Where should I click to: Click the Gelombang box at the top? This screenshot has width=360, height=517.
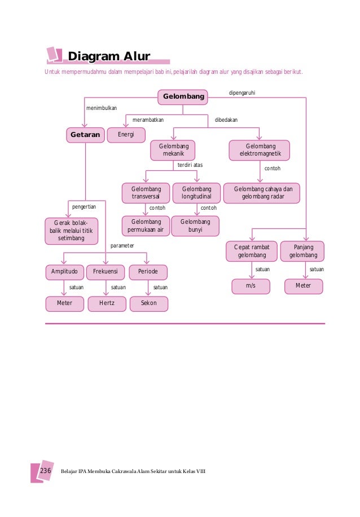tap(183, 98)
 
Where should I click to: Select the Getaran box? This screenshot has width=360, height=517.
tap(85, 135)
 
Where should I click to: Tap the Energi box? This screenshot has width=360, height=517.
tap(126, 135)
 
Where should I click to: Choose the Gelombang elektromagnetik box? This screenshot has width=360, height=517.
tap(260, 151)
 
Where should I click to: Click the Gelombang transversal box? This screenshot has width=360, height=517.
tap(146, 193)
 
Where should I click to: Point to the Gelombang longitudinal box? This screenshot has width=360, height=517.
tap(196, 193)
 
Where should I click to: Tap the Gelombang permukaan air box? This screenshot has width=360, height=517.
tap(146, 226)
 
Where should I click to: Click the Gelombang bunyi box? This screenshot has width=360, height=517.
tap(195, 226)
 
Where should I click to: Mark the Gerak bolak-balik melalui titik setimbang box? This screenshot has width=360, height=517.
tap(71, 231)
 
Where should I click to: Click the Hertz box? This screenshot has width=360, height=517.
tap(106, 303)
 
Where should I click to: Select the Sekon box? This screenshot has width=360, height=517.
tap(148, 303)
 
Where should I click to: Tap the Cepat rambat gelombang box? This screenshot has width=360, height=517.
tap(252, 251)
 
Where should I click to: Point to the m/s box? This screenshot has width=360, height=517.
tap(251, 286)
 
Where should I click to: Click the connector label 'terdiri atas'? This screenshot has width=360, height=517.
tap(190, 165)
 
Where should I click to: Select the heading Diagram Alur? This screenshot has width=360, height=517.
tap(109, 56)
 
